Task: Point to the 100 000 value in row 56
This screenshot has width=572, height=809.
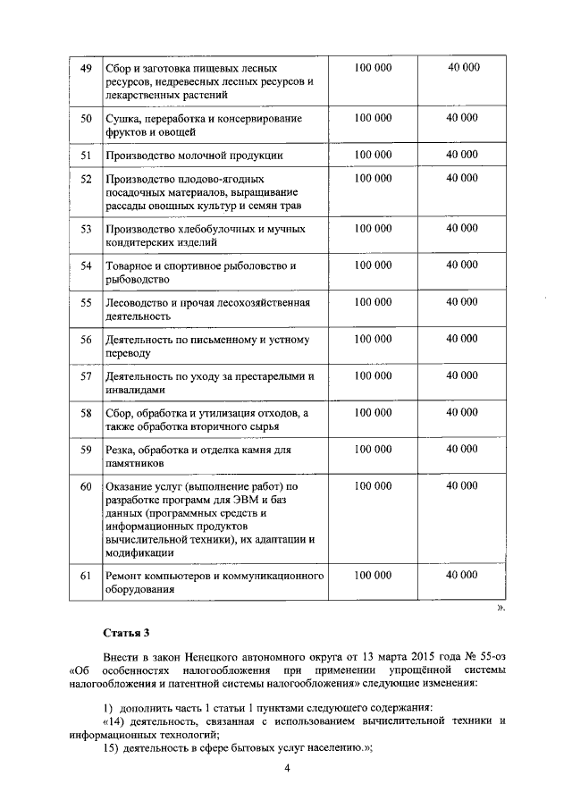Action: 373,340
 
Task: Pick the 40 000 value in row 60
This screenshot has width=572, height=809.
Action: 463,486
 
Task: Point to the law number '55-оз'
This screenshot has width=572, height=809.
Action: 488,655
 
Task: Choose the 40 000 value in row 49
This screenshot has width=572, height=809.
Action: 463,68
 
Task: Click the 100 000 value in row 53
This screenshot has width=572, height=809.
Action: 373,229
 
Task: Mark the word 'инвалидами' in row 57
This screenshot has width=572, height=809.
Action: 135,391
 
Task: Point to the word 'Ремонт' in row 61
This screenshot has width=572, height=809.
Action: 124,576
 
